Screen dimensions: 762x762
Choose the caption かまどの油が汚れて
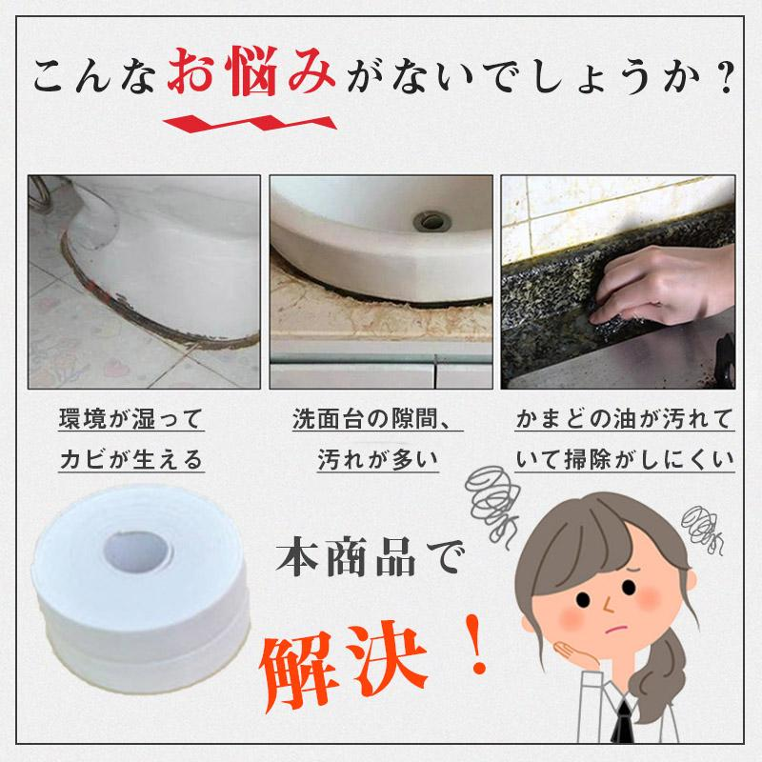click(x=624, y=419)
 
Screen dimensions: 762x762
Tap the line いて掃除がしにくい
click(x=624, y=461)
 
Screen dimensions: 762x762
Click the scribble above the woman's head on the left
click(x=495, y=494)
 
